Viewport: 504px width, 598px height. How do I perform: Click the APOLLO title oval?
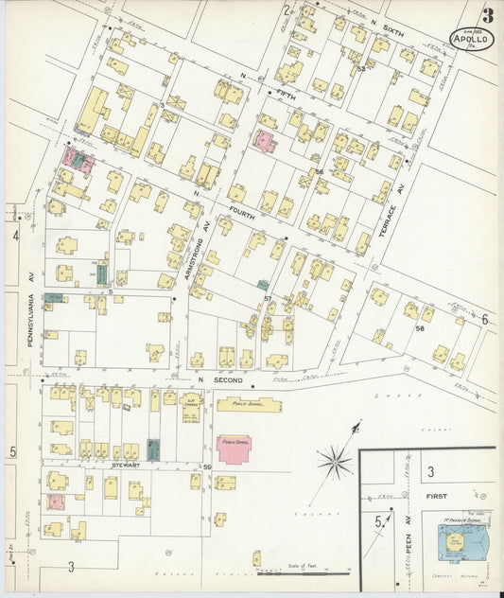[x=470, y=39]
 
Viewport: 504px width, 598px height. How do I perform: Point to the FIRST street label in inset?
[x=435, y=496]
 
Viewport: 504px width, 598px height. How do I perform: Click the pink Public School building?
[x=235, y=447]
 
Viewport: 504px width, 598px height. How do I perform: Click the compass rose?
[x=334, y=463]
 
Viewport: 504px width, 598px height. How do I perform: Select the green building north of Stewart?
[x=154, y=448]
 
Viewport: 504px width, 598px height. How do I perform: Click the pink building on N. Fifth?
[x=264, y=142]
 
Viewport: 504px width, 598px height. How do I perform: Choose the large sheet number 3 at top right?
[x=486, y=16]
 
